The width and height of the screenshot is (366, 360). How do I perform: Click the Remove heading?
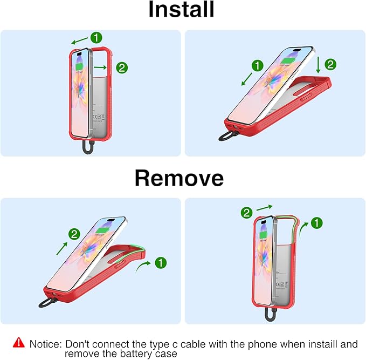179,178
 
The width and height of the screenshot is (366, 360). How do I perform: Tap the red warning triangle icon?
19,342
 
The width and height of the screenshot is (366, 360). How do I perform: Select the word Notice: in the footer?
45,343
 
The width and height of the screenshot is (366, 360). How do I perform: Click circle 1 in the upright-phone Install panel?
96,37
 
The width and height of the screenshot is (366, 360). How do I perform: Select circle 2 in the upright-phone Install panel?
122,68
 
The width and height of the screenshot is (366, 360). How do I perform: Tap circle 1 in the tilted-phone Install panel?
258,66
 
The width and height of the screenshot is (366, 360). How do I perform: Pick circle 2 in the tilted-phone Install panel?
330,64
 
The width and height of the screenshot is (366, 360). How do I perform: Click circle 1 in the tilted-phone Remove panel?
161,263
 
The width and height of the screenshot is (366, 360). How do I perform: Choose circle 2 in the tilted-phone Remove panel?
74,234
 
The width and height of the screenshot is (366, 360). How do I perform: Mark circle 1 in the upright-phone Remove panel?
317,222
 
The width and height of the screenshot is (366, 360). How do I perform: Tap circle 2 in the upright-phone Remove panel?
246,212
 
